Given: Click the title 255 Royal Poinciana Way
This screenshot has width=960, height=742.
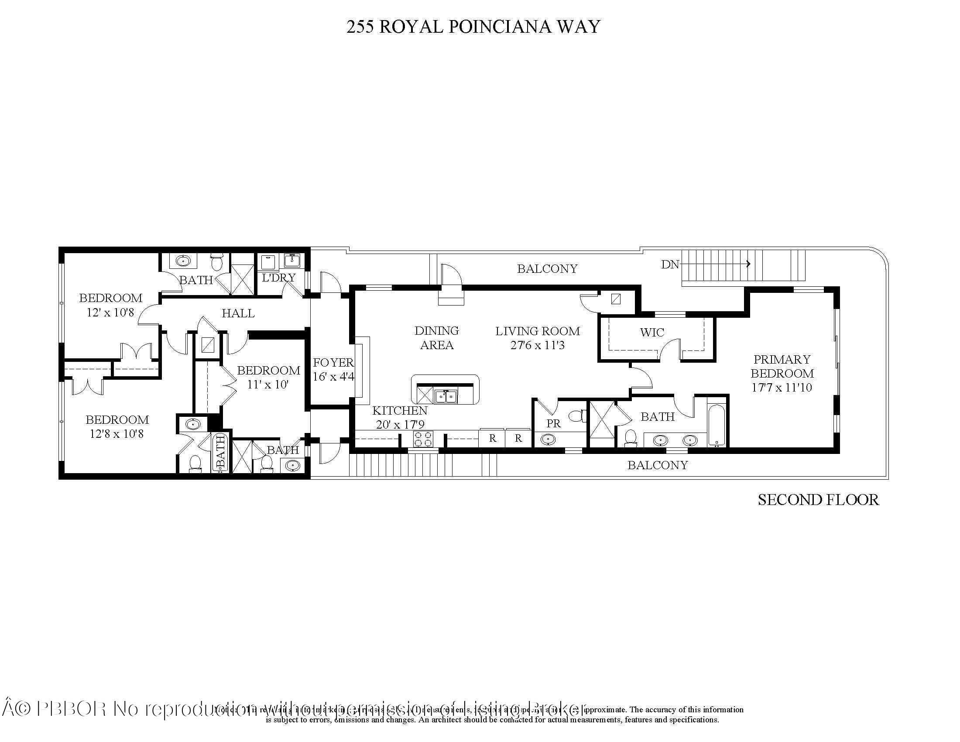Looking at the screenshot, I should pyautogui.click(x=473, y=27).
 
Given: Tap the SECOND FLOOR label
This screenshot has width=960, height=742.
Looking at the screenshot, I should pyautogui.click(x=818, y=500).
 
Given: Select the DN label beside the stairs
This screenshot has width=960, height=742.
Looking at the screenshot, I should pyautogui.click(x=670, y=264).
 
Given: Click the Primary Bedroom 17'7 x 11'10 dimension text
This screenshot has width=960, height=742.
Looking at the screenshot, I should pyautogui.click(x=782, y=387).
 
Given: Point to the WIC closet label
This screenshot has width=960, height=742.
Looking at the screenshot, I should pyautogui.click(x=652, y=332).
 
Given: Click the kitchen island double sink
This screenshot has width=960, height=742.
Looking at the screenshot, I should pyautogui.click(x=446, y=396).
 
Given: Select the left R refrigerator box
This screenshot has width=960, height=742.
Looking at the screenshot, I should pyautogui.click(x=492, y=438).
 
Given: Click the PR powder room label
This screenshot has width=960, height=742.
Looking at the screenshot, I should pyautogui.click(x=553, y=423).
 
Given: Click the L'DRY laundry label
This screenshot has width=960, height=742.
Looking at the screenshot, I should pyautogui.click(x=279, y=278).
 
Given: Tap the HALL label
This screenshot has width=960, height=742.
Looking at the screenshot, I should pyautogui.click(x=238, y=313).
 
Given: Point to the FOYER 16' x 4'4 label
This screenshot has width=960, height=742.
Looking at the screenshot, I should pyautogui.click(x=333, y=369).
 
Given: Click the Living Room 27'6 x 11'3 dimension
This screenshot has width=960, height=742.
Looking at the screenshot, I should pyautogui.click(x=537, y=345).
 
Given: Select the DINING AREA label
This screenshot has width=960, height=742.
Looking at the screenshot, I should pyautogui.click(x=436, y=337).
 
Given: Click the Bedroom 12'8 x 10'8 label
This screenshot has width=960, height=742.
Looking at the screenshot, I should pyautogui.click(x=117, y=426).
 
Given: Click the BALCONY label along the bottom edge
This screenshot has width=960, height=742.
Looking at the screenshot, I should pyautogui.click(x=657, y=465).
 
